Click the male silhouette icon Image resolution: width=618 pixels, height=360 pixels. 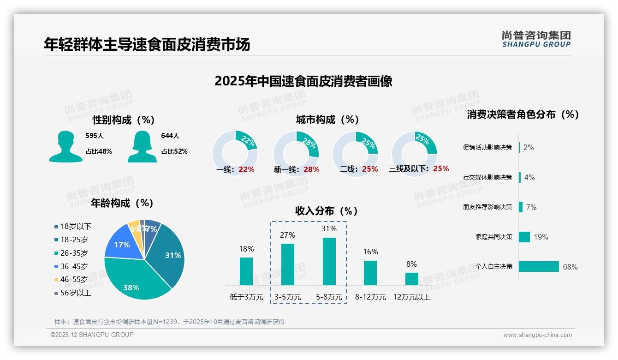tap(65, 146)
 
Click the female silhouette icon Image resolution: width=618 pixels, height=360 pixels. tap(142, 146)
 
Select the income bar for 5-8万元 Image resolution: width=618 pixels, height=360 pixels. tap(329, 261)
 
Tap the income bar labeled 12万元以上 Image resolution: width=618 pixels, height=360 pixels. tap(411, 279)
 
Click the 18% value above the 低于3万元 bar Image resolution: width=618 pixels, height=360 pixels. tap(246, 249)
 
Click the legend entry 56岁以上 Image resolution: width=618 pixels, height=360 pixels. tap(72, 293)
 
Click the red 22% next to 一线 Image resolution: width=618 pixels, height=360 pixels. tap(246, 169)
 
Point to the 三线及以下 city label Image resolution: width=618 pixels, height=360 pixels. tap(409, 169)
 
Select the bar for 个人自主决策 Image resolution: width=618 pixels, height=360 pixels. tap(539, 266)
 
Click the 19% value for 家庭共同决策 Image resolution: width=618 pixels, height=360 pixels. tap(541, 237)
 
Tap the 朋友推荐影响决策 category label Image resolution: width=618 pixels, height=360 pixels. tap(487, 207)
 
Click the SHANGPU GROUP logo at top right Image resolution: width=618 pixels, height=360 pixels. tap(536, 39)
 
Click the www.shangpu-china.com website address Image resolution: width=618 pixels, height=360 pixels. tap(537, 335)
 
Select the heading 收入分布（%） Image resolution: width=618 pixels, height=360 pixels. tap(327, 211)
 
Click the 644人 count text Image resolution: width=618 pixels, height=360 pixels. tap(170, 136)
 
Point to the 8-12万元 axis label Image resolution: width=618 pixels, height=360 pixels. tap(370, 297)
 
